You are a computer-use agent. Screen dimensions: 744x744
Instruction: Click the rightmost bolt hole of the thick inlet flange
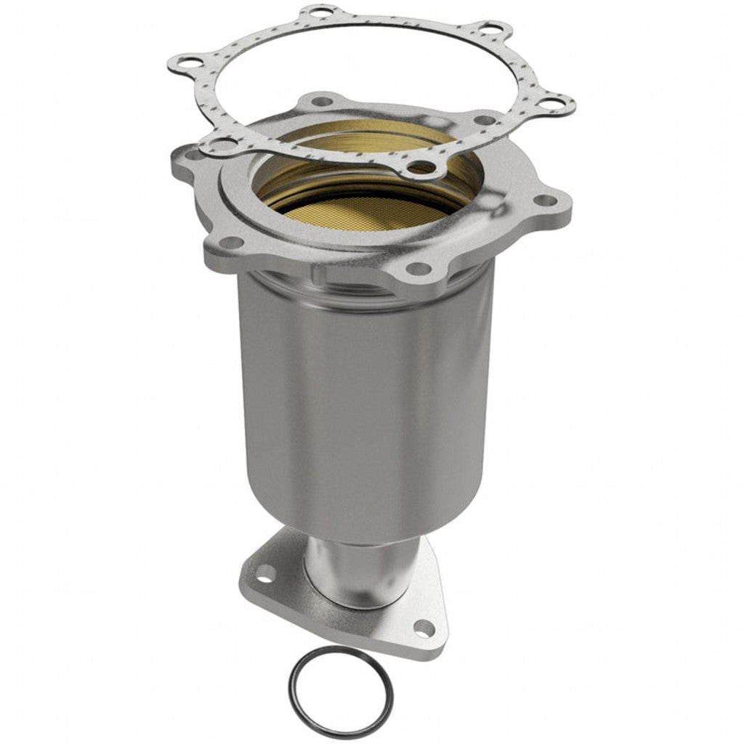coord(543,201)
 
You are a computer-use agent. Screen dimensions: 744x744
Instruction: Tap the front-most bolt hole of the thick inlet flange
coord(418,268)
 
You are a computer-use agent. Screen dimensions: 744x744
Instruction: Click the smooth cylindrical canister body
coord(363,400)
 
